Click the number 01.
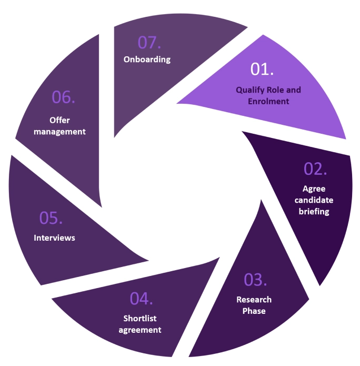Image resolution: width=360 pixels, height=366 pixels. [x=262, y=70]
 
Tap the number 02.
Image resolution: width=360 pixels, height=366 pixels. [x=315, y=169]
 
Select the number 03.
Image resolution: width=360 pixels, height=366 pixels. [x=256, y=280]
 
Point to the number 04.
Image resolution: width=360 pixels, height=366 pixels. [x=142, y=298]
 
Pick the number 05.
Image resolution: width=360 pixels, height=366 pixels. [x=52, y=218]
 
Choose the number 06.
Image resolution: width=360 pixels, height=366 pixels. [x=64, y=97]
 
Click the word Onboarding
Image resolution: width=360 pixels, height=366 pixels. [x=147, y=59]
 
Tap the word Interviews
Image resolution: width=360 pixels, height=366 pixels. [x=54, y=238]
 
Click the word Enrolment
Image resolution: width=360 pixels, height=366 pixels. [x=268, y=101]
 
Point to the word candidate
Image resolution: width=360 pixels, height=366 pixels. [x=314, y=201]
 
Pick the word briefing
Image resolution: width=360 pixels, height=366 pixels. [x=314, y=212]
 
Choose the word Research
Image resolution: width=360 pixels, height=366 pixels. [x=254, y=300]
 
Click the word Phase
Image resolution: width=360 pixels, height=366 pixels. [x=254, y=311]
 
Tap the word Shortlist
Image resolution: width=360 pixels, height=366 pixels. [x=140, y=319]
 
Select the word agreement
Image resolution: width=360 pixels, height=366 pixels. [x=140, y=330]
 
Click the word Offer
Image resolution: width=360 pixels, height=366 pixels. [x=59, y=121]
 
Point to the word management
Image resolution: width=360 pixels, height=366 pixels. [x=59, y=132]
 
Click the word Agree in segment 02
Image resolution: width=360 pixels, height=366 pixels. [x=314, y=189]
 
